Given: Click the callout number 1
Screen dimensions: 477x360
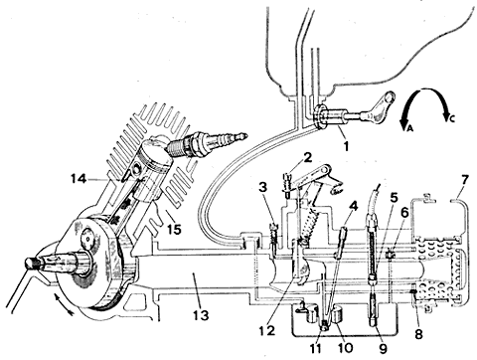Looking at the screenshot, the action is point(347,146).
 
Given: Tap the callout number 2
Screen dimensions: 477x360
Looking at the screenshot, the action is point(307,158).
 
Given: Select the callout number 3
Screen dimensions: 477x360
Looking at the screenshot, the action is point(263,188).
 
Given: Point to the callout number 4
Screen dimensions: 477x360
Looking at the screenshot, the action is point(354,206).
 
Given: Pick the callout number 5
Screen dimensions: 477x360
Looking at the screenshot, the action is point(394,198).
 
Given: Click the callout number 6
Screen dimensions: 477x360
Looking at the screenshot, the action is point(404,213).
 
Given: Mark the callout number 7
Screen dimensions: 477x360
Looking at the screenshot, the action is point(465,180).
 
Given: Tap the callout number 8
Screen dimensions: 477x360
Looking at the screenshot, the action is point(419,334).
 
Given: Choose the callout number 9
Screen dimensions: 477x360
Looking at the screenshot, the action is point(384,348).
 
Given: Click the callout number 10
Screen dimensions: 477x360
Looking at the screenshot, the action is point(345,348).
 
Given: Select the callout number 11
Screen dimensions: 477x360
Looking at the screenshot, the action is point(315,348).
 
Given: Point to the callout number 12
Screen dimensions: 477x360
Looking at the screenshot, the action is point(267,330).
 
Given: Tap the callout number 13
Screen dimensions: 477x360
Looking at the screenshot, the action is point(201,314).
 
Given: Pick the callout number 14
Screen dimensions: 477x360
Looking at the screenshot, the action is point(79,179).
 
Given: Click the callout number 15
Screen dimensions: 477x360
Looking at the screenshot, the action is point(174,229).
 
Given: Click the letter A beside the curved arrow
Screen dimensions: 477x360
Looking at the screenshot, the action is point(409,128).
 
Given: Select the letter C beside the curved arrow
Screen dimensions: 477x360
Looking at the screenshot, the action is point(452,118).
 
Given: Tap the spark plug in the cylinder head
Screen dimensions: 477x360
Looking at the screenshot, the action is point(207,143).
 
